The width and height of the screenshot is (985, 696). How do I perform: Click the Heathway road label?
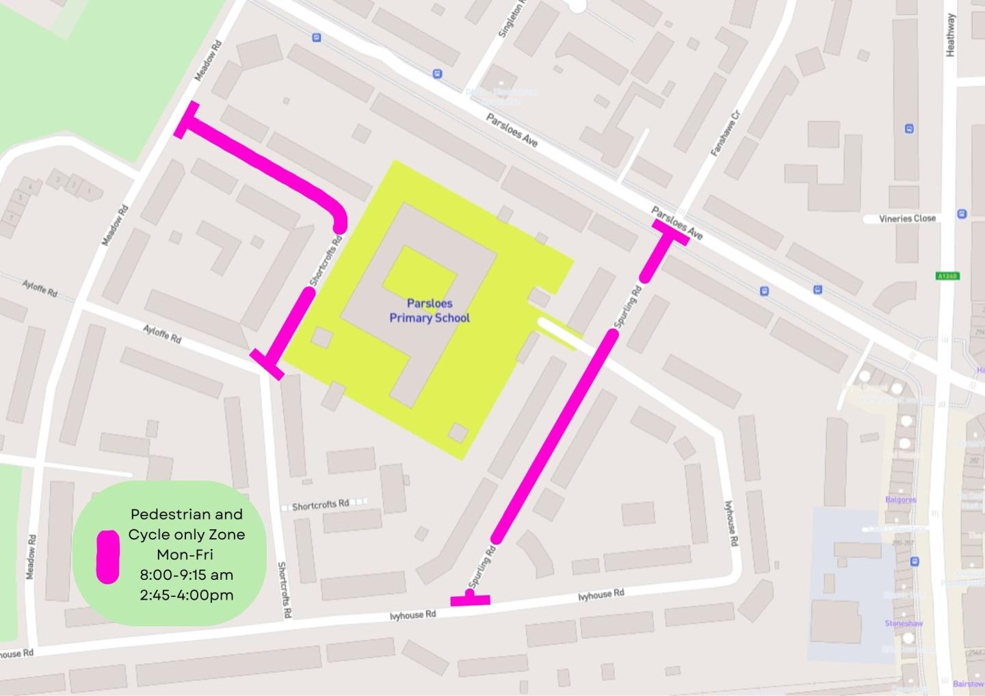click(x=950, y=36)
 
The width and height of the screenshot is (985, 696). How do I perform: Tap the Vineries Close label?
click(x=907, y=219)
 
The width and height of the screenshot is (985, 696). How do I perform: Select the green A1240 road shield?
click(x=947, y=276)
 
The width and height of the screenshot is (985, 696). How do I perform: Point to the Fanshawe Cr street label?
click(x=726, y=134)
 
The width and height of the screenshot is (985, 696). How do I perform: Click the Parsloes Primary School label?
click(x=430, y=310)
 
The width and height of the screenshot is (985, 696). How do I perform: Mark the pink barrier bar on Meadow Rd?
click(x=186, y=120)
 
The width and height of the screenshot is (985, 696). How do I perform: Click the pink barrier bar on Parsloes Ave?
click(x=670, y=232)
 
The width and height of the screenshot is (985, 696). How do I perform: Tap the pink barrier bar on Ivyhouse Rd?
click(x=470, y=601)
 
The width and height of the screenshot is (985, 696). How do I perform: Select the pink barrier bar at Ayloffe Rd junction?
click(x=267, y=364)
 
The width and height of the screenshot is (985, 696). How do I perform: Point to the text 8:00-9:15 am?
click(x=186, y=574)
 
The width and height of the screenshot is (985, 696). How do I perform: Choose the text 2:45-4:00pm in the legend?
click(x=186, y=595)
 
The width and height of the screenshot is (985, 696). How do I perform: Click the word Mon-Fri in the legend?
click(x=185, y=554)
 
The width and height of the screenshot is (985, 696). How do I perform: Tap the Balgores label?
click(x=900, y=500)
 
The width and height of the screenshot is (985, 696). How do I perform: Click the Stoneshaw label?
click(x=904, y=624)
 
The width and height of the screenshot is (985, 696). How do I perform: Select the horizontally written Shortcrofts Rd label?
click(x=320, y=505)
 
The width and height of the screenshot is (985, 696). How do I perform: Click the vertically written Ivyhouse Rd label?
click(x=730, y=523)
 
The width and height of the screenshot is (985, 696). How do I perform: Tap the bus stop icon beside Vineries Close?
click(x=962, y=213)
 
